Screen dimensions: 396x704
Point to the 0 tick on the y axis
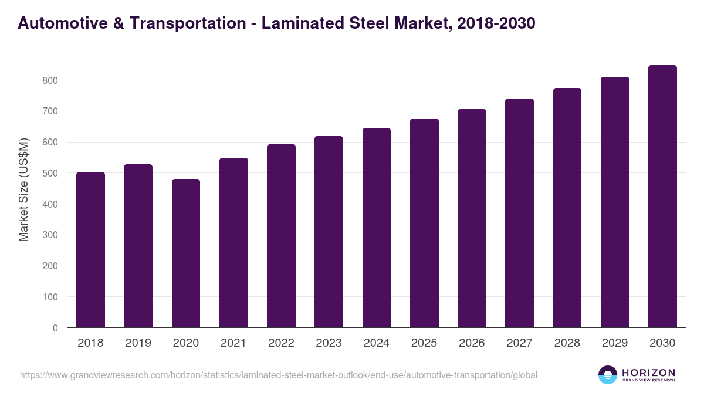point(55,329)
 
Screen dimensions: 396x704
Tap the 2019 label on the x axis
point(138,343)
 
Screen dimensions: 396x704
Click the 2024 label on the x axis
point(376,343)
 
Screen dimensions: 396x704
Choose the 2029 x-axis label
point(615,343)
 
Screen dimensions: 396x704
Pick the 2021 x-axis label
point(233,343)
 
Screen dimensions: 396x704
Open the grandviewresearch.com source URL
point(278,375)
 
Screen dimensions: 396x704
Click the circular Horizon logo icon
point(608,375)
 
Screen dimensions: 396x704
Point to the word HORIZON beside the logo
point(648,373)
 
